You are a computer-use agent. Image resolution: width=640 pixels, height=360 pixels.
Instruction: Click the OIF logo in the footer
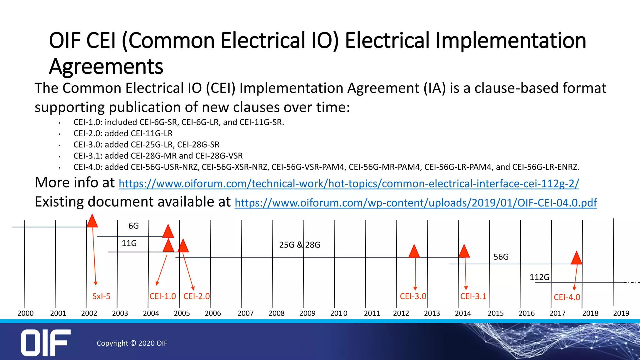pos(46,342)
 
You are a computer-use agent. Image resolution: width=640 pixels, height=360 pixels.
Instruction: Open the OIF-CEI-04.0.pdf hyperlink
pos(416,203)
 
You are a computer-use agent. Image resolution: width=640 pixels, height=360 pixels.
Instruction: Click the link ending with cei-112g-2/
pos(349,183)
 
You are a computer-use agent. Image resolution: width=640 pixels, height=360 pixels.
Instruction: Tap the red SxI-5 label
pos(101,296)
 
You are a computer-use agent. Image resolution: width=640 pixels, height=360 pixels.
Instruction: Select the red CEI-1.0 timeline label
pos(162,296)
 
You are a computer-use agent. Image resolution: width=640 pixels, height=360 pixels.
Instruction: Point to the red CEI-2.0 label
pos(197,296)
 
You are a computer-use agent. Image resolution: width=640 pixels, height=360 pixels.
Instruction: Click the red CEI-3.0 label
pos(413,296)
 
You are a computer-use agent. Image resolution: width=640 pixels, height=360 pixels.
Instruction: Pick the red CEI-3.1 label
pos(473,296)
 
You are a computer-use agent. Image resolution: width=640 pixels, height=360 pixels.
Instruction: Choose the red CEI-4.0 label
pos(567,297)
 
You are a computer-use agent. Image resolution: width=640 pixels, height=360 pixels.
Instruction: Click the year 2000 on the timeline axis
pos(26,313)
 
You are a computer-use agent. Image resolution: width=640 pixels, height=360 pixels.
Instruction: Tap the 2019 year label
pos(621,313)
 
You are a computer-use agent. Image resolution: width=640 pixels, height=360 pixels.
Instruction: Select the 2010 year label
pos(339,313)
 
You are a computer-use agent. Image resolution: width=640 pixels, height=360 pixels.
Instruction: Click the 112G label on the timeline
pos(539,277)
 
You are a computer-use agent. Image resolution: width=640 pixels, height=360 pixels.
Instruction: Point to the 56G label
pos(501,257)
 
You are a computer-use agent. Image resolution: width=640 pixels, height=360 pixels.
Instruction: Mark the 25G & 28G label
pos(300,245)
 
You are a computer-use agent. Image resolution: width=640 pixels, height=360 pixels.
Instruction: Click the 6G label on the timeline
pos(133,226)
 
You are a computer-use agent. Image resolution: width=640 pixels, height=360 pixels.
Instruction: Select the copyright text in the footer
pos(132,343)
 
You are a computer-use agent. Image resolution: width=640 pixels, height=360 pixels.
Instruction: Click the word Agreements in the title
pos(106,67)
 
